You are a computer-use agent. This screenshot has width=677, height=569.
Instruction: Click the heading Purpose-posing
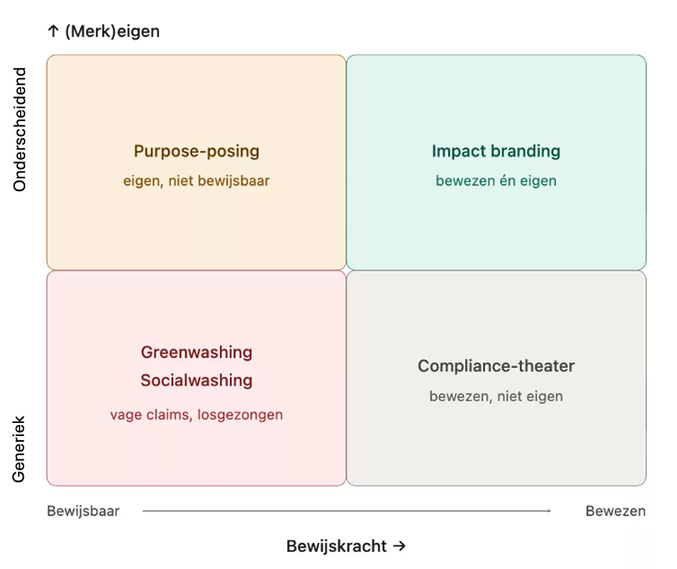196,151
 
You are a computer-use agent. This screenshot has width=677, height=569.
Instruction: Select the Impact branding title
496,151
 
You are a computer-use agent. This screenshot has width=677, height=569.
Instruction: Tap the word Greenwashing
196,352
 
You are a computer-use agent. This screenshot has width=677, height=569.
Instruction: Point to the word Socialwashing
196,380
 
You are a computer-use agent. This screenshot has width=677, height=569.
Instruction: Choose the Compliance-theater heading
496,366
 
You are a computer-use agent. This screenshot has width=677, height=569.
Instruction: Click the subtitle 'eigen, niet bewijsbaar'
196,181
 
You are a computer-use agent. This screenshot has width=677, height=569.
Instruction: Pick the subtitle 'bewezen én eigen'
496,181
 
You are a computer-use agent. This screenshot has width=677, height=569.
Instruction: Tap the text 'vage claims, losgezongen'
196,414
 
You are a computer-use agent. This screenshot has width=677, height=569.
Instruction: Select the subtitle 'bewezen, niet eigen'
496,396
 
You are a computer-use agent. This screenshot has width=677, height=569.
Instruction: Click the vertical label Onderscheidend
19,130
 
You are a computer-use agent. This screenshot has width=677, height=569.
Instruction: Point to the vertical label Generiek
19,449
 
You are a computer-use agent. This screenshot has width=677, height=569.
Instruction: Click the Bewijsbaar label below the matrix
83,511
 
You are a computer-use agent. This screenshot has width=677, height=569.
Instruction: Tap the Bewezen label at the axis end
615,511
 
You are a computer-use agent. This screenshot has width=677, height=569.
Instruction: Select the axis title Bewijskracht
336,546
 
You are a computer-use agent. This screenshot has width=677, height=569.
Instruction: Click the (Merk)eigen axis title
112,31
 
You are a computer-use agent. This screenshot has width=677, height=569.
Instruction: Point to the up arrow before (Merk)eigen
53,31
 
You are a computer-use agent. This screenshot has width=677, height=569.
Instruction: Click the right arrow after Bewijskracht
399,546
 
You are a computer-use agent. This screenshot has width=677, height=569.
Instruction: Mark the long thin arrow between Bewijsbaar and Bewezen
347,511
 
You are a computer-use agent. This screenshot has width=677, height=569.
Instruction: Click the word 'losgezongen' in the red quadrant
240,414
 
